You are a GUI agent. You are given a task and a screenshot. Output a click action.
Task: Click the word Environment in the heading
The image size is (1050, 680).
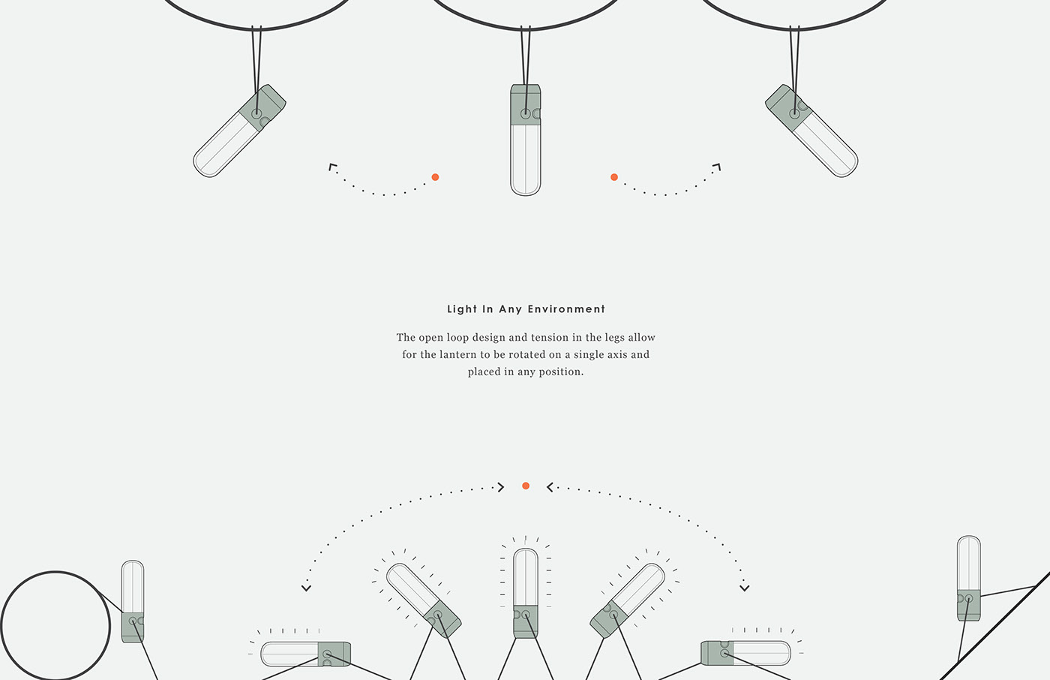tap(566, 309)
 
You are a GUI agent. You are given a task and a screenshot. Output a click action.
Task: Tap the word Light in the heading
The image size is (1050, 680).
tap(462, 309)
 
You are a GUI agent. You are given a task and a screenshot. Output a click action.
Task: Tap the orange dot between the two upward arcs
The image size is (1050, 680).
tap(526, 486)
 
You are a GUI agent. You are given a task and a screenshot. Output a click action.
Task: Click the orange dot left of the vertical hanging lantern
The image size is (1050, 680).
tap(435, 177)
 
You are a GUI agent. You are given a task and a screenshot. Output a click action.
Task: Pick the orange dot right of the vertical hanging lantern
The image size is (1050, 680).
tap(614, 177)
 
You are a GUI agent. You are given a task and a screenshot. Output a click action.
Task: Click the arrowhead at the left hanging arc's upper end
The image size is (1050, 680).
tap(332, 167)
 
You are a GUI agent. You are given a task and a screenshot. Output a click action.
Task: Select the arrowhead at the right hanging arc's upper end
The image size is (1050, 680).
tap(717, 167)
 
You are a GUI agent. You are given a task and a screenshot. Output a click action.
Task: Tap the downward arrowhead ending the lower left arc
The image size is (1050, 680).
tap(306, 588)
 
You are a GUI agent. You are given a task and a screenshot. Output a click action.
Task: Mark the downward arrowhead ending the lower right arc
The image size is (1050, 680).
tap(744, 588)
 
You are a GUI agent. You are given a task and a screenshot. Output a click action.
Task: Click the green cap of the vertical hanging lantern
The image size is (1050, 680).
tap(526, 104)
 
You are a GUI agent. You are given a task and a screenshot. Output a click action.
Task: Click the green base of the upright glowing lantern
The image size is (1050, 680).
tap(526, 621)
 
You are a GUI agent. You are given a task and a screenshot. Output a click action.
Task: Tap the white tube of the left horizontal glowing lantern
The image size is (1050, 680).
tap(289, 654)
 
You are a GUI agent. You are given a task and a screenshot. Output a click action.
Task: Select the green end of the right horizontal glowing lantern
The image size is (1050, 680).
tap(717, 653)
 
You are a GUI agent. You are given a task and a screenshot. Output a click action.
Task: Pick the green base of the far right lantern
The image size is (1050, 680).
tap(968, 605)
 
